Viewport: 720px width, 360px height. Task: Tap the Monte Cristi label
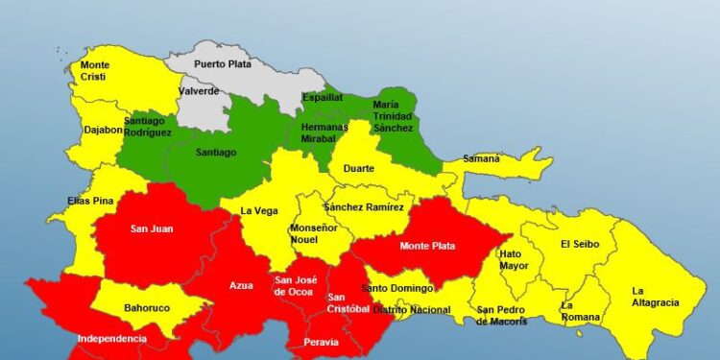[94, 71]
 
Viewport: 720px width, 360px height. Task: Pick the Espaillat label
[323, 98]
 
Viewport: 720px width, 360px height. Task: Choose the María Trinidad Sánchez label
[393, 115]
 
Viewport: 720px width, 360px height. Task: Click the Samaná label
[482, 158]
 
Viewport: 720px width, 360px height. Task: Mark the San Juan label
[151, 228]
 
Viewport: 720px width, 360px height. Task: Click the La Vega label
[258, 211]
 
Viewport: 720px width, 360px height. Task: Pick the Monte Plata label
[427, 246]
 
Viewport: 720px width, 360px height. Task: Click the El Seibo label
[580, 244]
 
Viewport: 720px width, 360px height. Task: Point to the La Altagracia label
[655, 297]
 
